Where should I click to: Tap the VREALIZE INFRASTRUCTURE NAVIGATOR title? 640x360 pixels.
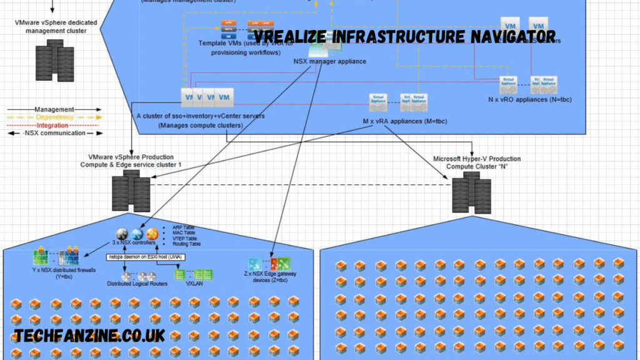405,36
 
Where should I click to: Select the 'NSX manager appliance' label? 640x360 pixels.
329,61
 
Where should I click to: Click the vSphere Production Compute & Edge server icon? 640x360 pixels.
131,192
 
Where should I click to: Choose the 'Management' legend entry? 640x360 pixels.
54,109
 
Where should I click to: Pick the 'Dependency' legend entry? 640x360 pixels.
54,117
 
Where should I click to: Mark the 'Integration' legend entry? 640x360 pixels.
54,126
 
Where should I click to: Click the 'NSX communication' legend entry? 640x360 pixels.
54,133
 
